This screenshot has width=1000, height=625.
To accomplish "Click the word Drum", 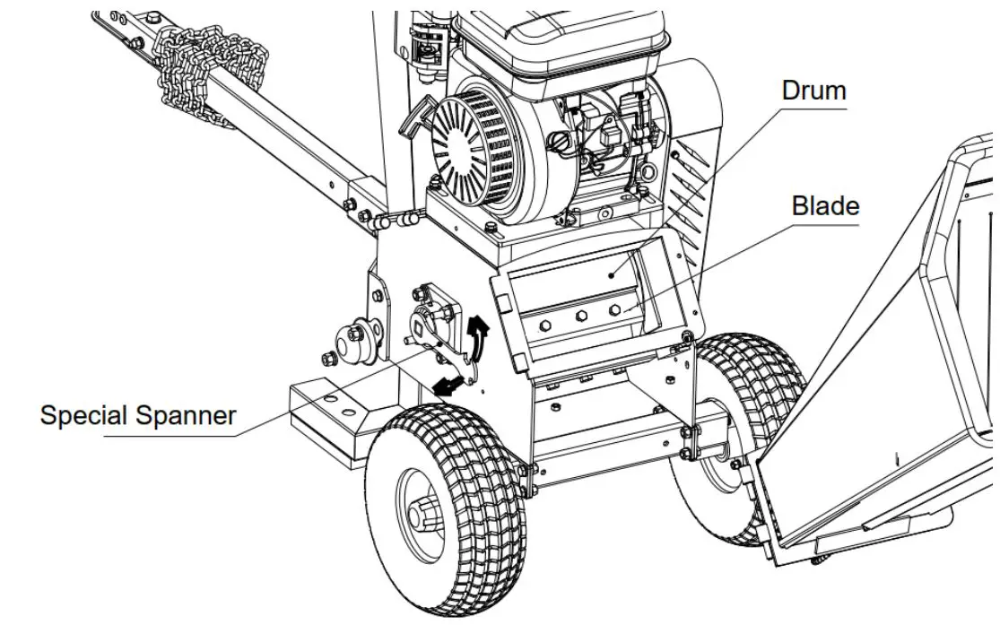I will pos(813,91).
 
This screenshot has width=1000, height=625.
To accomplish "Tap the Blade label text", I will pos(825,205).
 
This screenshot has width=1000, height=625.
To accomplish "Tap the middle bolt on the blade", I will pos(580,316).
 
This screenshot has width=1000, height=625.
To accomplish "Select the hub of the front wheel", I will pos(422,512).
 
